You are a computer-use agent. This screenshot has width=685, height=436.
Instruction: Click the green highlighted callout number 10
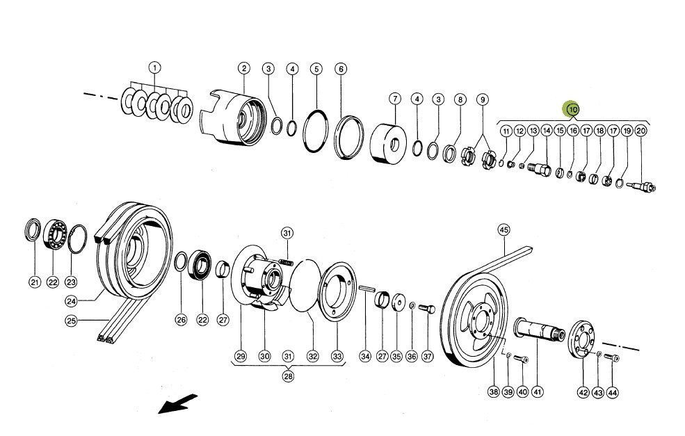(x=572, y=109)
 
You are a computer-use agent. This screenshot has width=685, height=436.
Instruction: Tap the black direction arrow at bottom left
(x=177, y=403)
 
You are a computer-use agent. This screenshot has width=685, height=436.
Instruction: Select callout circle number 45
(x=504, y=230)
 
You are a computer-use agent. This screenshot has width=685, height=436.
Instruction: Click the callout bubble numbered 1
(x=154, y=67)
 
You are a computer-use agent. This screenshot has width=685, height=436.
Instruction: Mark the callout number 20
(x=640, y=131)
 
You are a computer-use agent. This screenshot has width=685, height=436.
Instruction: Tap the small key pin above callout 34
(x=366, y=291)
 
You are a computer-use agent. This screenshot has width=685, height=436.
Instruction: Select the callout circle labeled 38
(x=493, y=392)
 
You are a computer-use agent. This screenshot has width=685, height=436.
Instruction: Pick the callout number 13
(x=533, y=131)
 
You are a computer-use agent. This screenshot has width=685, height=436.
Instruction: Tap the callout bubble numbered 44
(x=612, y=392)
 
